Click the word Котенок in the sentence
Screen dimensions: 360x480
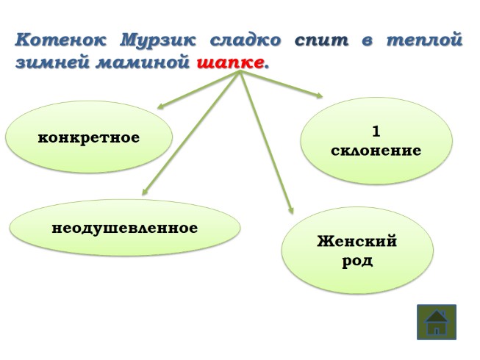(x=60, y=40)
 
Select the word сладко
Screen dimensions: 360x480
(x=246, y=40)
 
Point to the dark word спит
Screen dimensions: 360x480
(x=321, y=40)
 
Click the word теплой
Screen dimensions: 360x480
(x=426, y=40)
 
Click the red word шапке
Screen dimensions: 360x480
(x=230, y=63)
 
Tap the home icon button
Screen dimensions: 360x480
(x=437, y=322)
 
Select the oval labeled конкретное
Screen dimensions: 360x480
(x=89, y=137)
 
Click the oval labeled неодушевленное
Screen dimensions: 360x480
(x=124, y=228)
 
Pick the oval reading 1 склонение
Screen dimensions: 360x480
(x=376, y=141)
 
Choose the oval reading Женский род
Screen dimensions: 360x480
(x=357, y=251)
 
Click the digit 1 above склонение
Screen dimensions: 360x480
(x=376, y=132)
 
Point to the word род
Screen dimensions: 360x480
(x=357, y=261)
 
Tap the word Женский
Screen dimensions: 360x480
(x=357, y=242)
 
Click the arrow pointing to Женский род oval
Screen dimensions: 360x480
(x=267, y=143)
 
